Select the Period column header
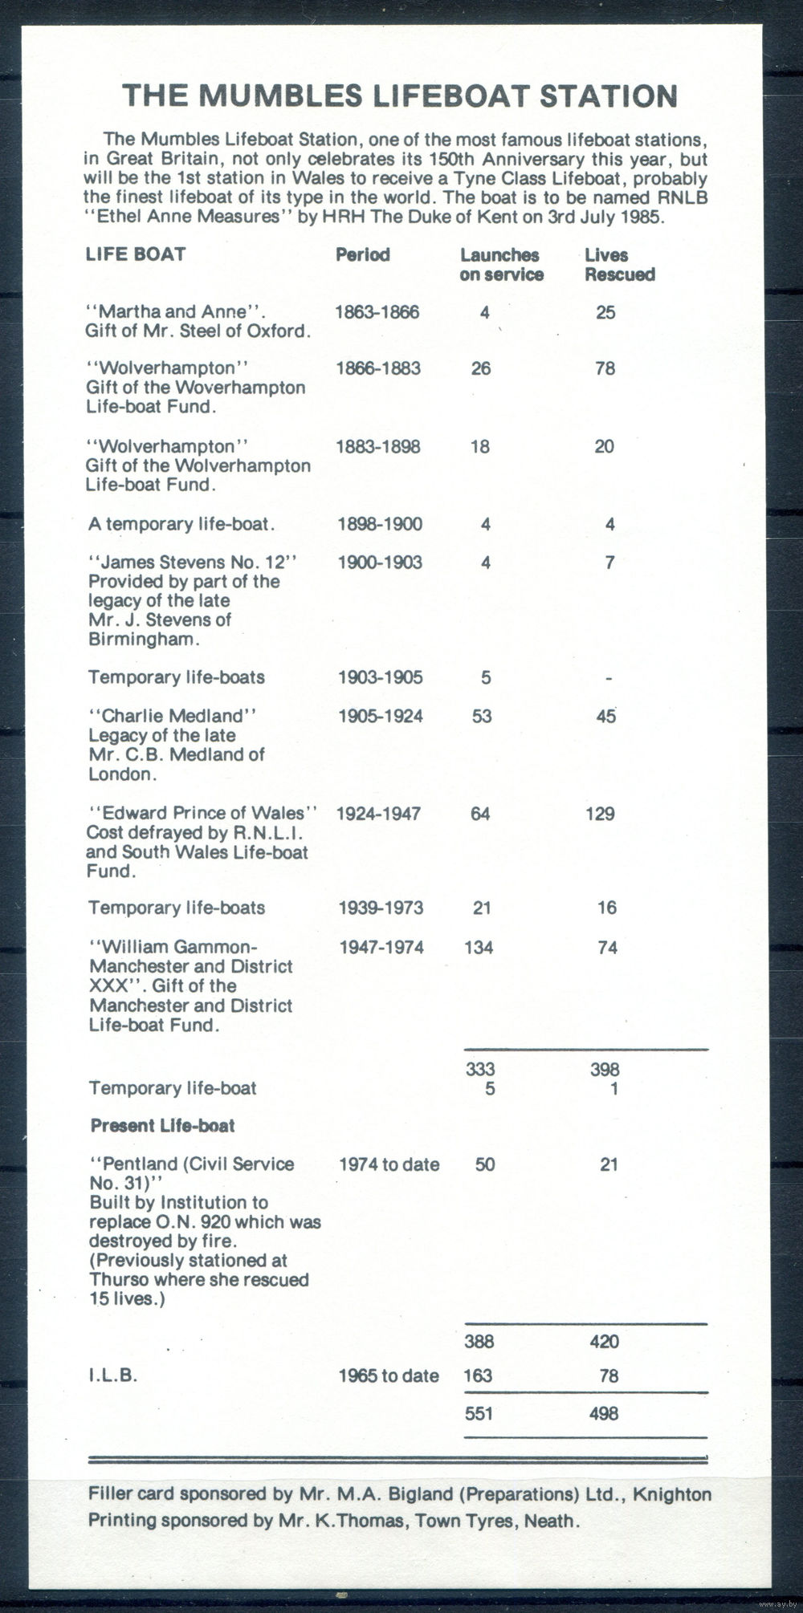click(363, 254)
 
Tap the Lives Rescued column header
click(619, 264)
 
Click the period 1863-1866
click(377, 311)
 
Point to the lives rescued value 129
click(600, 814)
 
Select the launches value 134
click(479, 947)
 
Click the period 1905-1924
click(380, 716)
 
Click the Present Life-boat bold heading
click(162, 1125)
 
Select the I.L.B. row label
click(113, 1375)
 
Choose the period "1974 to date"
click(389, 1164)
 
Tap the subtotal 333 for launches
click(480, 1069)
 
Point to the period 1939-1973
click(380, 908)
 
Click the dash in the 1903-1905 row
click(609, 679)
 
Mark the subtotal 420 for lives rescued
click(604, 1341)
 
